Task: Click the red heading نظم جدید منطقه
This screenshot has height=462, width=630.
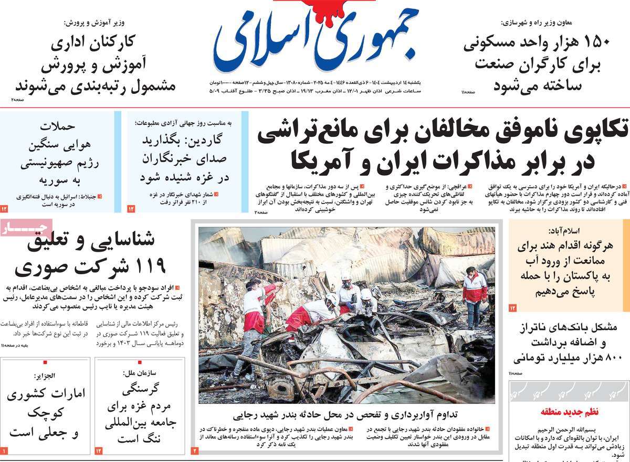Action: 569,412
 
